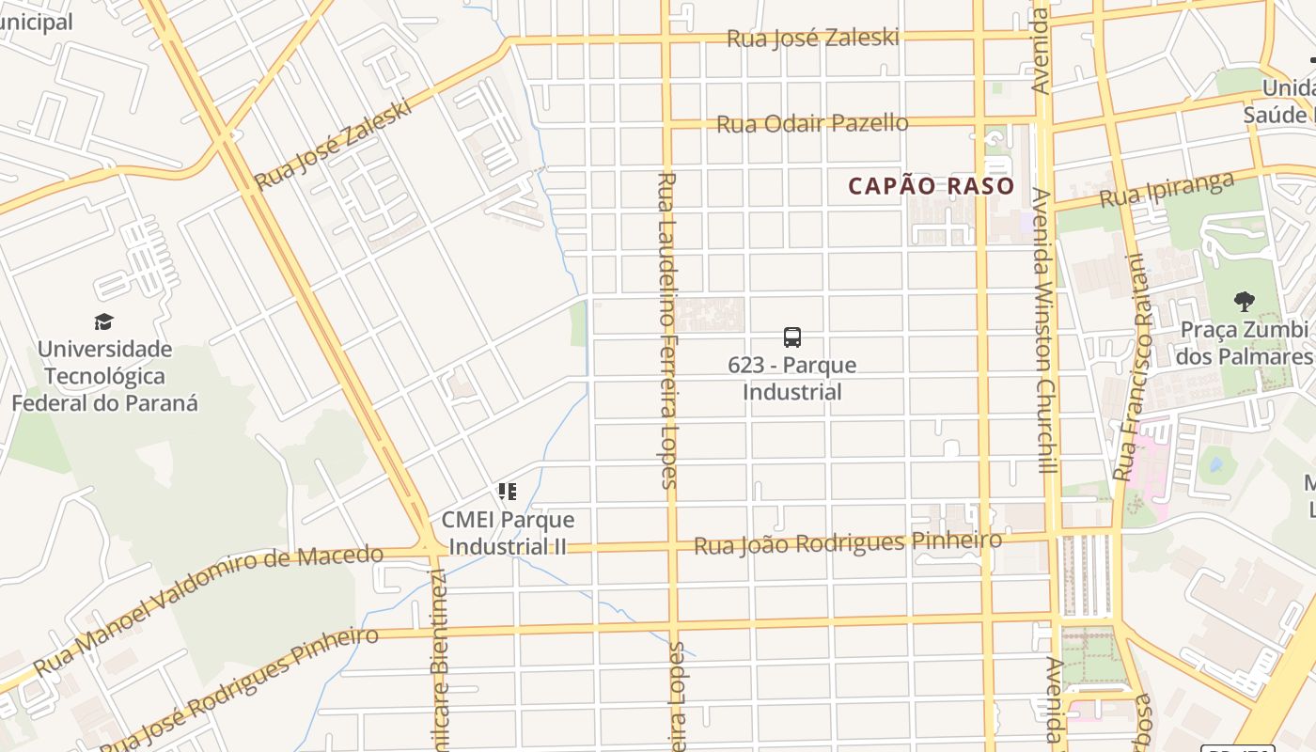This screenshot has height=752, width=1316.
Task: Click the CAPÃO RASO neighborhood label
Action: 931,186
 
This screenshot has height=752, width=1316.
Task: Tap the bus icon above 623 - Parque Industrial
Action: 792,337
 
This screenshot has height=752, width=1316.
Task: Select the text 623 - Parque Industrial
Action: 792,379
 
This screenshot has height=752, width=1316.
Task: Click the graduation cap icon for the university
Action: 104,321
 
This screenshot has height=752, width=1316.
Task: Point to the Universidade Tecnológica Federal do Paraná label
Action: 104,376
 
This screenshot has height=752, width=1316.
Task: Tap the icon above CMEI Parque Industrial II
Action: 508,492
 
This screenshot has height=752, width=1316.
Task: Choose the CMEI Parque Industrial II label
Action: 508,533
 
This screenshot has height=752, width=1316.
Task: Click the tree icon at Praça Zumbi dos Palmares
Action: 1245,302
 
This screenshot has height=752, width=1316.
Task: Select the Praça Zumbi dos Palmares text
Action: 1244,343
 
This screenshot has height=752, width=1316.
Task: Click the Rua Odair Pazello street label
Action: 812,124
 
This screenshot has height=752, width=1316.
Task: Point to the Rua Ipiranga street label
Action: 1166,191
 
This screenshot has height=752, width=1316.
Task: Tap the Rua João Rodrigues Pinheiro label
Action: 847,543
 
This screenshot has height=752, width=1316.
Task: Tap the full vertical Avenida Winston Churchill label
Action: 1043,331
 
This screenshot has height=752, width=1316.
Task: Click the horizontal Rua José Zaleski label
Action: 812,39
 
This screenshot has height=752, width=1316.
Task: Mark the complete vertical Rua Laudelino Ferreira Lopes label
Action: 666,331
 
